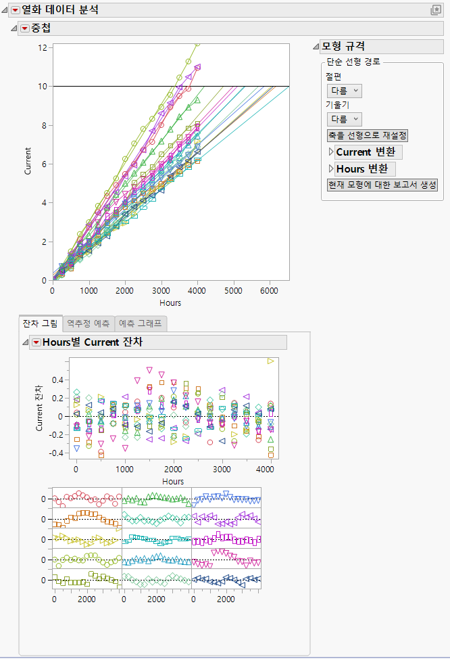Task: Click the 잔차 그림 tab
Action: click(x=41, y=324)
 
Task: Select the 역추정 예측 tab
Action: click(x=89, y=324)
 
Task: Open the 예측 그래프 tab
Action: click(x=141, y=324)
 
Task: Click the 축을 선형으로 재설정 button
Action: click(x=367, y=135)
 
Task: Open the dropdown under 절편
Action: click(x=344, y=90)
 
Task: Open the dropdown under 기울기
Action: click(x=344, y=118)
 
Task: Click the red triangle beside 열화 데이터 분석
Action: click(x=16, y=9)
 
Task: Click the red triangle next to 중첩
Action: click(x=25, y=28)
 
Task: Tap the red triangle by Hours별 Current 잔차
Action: click(x=36, y=342)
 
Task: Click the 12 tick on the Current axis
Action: click(x=43, y=47)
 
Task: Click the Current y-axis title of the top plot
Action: click(x=28, y=161)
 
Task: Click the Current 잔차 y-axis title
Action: click(x=39, y=407)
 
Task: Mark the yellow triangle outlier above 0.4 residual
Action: click(x=271, y=361)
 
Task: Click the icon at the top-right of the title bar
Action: click(x=436, y=9)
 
